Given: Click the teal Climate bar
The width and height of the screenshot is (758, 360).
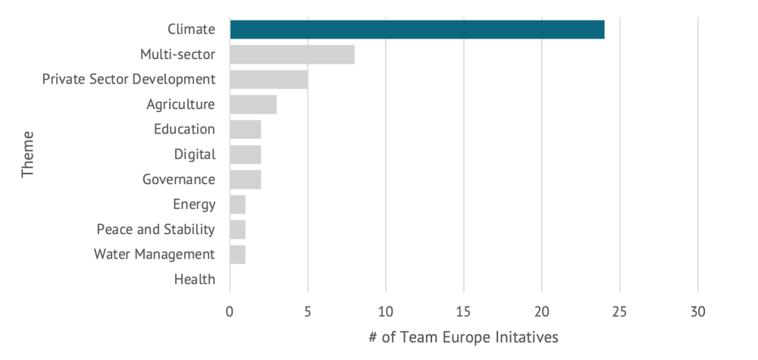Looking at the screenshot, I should (x=417, y=30).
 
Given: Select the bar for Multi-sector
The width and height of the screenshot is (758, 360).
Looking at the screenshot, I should (x=292, y=55).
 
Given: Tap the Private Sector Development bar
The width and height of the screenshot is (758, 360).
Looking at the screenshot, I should (x=268, y=80).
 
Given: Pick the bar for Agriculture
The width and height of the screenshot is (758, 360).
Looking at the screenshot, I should (x=253, y=105).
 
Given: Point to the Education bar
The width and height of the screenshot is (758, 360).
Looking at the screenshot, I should (x=245, y=130).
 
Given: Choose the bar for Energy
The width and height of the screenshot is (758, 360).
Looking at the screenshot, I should (x=237, y=205).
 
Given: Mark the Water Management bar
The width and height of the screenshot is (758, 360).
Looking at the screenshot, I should (x=237, y=255).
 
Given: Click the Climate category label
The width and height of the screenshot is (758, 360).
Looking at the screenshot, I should (x=191, y=30).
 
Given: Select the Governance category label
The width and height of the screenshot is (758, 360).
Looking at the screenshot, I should (x=179, y=180).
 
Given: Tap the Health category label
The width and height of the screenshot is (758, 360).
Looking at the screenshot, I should (x=195, y=280).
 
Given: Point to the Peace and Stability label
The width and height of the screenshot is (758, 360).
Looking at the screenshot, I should (x=155, y=230).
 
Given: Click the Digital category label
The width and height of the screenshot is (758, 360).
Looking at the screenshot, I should (x=195, y=155).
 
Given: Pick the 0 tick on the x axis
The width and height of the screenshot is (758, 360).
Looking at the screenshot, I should (x=230, y=312).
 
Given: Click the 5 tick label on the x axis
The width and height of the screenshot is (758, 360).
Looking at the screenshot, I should (x=308, y=312).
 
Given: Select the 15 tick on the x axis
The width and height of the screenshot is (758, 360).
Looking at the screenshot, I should (x=464, y=312).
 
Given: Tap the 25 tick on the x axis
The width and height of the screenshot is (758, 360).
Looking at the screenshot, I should (x=620, y=312).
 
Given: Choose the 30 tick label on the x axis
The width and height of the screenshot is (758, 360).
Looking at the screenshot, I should (x=698, y=312).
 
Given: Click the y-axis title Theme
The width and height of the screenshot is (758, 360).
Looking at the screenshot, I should (x=28, y=155).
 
